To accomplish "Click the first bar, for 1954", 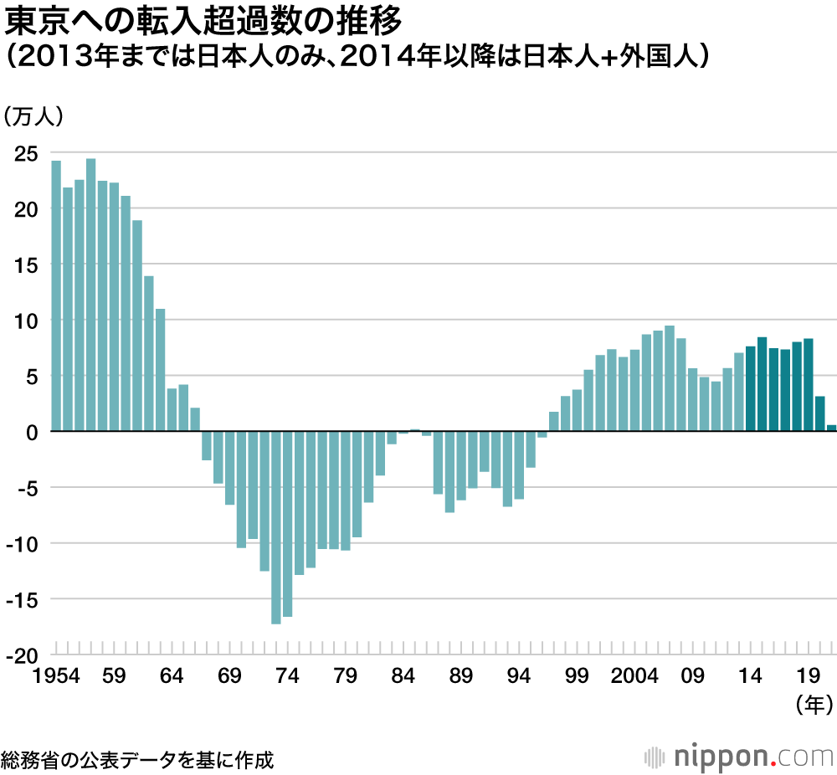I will coord(56,295).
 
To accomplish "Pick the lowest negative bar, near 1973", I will coord(276,527).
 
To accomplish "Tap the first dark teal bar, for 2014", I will coord(751,388).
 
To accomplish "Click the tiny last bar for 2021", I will coord(831,429).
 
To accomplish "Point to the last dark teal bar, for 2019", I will coord(809,385).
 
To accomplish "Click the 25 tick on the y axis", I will coord(25,153).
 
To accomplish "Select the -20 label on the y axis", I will coord(22,655).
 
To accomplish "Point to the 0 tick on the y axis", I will coord(31,432).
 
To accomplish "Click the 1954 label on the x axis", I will coord(57,675).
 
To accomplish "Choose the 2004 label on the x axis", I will coord(634,675).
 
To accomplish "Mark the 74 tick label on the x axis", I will coord(288,675).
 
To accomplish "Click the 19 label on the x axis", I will coord(809,675).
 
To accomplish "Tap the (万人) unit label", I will coord(33,117).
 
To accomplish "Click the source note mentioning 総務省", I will coord(137,759).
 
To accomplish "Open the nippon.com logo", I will coord(741,757).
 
